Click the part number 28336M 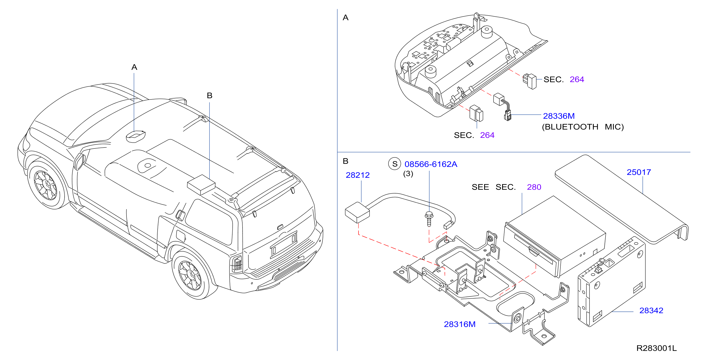[558, 116]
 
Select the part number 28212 [357, 175]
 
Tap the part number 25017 [639, 172]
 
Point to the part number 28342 [651, 310]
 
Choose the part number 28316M [460, 324]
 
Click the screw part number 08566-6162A [431, 164]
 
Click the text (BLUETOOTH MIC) [583, 127]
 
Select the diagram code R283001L [656, 348]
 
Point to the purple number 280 [534, 187]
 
